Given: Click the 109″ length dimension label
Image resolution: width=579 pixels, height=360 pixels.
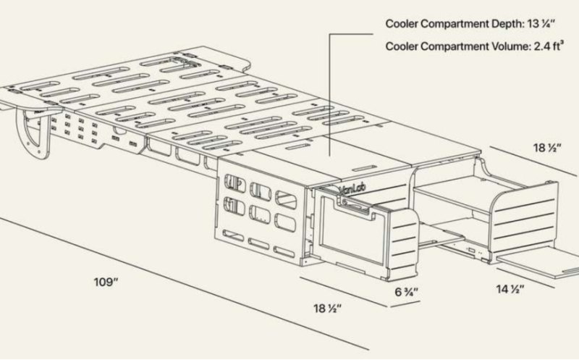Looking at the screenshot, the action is (106, 282).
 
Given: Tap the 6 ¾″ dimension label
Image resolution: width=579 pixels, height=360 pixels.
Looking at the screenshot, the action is (407, 292).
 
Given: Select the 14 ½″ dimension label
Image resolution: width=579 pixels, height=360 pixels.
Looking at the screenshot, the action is (510, 289).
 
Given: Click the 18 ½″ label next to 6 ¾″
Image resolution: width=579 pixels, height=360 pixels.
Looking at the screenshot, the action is (328, 308).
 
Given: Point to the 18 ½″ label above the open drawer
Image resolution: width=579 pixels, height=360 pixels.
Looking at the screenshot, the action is (547, 148).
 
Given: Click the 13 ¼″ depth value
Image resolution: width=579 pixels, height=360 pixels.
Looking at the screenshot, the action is (541, 24).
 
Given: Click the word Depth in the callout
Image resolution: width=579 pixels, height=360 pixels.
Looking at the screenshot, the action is (508, 24).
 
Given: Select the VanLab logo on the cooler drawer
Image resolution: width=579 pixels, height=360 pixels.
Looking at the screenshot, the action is (352, 189).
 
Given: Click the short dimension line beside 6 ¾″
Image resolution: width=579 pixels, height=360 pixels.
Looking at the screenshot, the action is (405, 304).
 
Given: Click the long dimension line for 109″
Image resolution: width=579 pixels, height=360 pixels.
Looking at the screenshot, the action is (182, 283).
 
